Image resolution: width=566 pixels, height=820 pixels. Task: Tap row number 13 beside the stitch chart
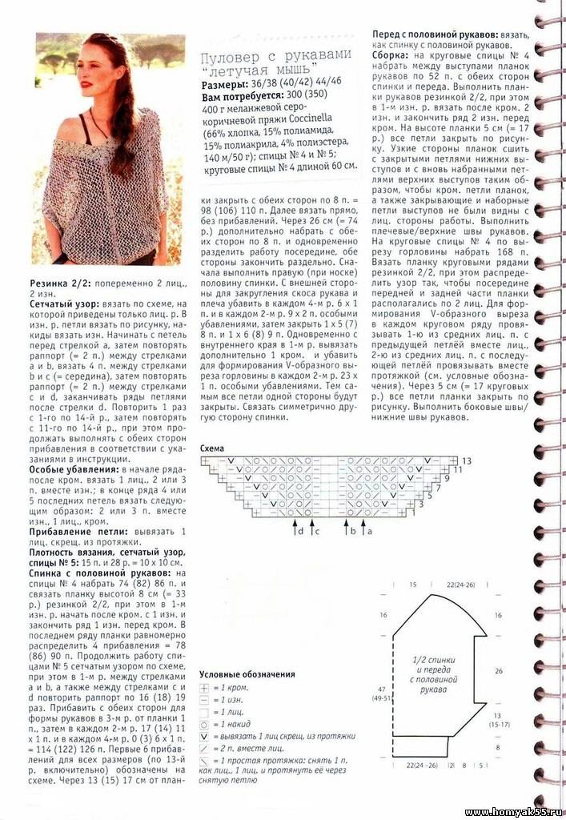466,461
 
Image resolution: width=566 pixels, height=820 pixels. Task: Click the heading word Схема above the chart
212,448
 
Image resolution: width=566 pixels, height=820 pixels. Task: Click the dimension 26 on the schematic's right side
499,670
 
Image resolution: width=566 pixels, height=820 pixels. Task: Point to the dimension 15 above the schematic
412,585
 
